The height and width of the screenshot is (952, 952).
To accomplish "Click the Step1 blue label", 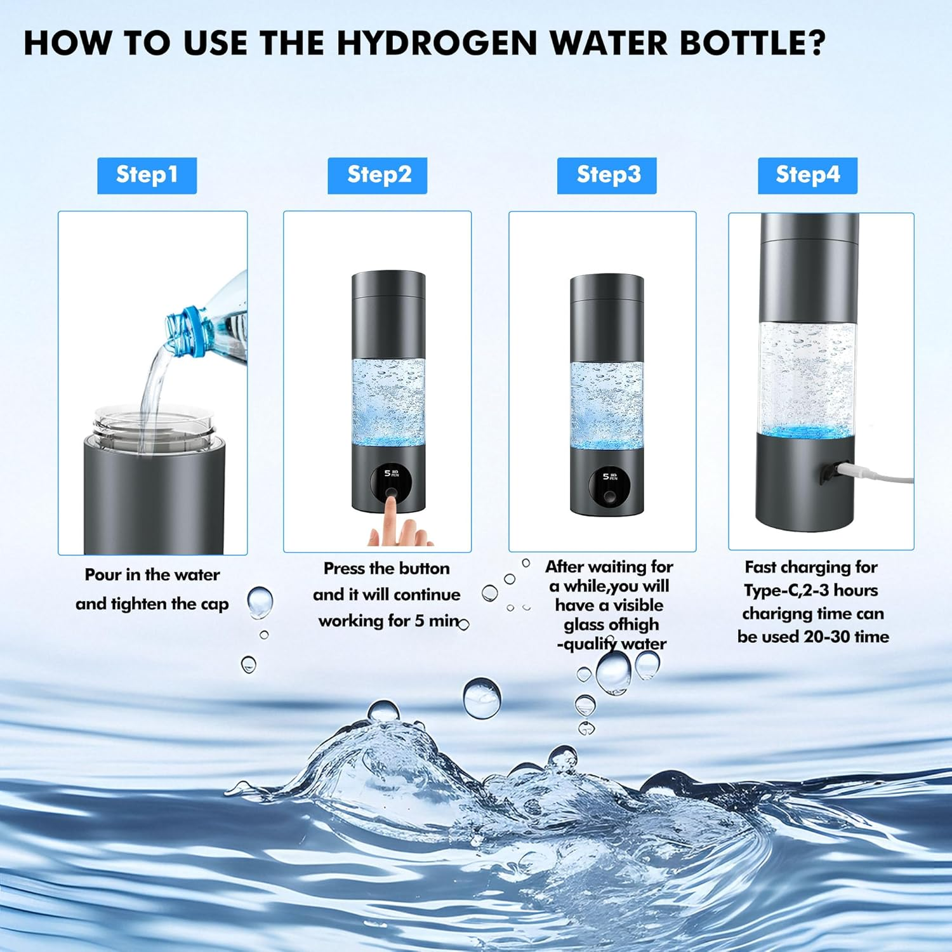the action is [x=147, y=175].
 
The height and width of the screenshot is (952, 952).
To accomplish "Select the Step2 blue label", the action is [x=377, y=175].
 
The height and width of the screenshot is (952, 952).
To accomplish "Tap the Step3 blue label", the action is [x=607, y=175].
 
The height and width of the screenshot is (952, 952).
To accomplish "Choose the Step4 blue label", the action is [x=807, y=175].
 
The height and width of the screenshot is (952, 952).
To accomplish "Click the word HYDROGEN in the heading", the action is [x=437, y=43].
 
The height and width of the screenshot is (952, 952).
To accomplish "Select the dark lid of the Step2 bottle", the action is [x=388, y=294].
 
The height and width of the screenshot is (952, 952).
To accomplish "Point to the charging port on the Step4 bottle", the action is [x=828, y=472].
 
